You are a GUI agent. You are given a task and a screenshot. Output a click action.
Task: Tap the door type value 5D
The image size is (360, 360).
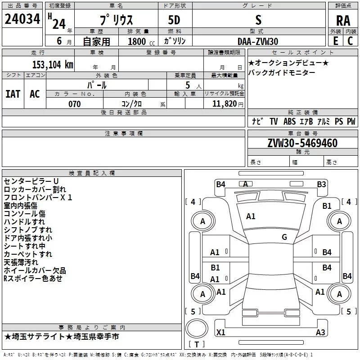point(174,20)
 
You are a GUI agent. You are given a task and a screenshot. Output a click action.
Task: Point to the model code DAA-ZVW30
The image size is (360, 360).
point(258,41)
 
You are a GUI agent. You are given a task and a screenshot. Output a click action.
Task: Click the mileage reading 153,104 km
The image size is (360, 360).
point(53,64)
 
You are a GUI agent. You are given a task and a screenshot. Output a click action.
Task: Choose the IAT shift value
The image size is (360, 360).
point(13,94)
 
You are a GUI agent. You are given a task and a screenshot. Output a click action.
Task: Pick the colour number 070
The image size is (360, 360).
point(74,104)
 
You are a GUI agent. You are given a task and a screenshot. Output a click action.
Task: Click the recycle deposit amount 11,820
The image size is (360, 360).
point(224,104)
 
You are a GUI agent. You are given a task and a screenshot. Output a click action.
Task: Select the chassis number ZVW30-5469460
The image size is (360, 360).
point(302,143)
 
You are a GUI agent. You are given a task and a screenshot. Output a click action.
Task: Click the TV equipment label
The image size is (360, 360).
point(274,121)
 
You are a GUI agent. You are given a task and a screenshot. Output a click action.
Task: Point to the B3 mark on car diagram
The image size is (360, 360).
point(321,184)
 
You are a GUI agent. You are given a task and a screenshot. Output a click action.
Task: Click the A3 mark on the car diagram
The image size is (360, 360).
point(320,333)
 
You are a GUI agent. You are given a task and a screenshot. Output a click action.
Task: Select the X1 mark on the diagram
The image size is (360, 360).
point(221,333)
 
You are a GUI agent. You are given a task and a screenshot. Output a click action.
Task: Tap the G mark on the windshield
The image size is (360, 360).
point(284,237)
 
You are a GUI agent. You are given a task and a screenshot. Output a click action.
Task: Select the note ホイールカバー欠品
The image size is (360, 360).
point(35,270)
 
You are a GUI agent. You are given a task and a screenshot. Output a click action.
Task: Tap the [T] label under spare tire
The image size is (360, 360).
point(196,344)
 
